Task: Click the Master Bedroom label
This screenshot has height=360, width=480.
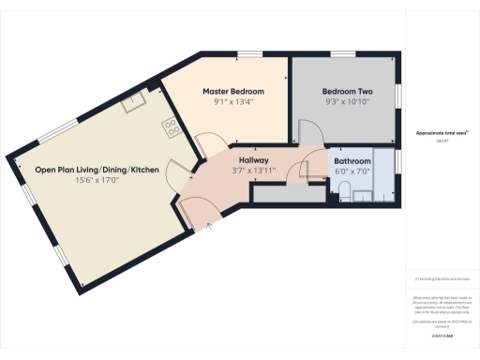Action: coord(233,91)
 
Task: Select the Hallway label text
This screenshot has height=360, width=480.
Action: coord(254,160)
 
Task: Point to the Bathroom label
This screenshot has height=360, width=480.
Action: coord(353,160)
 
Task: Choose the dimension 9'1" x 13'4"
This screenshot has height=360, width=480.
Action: coord(233,103)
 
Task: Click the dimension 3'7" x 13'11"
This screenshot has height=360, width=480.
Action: coord(254,172)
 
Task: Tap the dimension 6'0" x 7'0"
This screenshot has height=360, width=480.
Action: coord(353,172)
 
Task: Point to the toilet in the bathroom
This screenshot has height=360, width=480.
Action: coord(344,193)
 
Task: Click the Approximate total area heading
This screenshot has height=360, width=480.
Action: coord(442,134)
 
